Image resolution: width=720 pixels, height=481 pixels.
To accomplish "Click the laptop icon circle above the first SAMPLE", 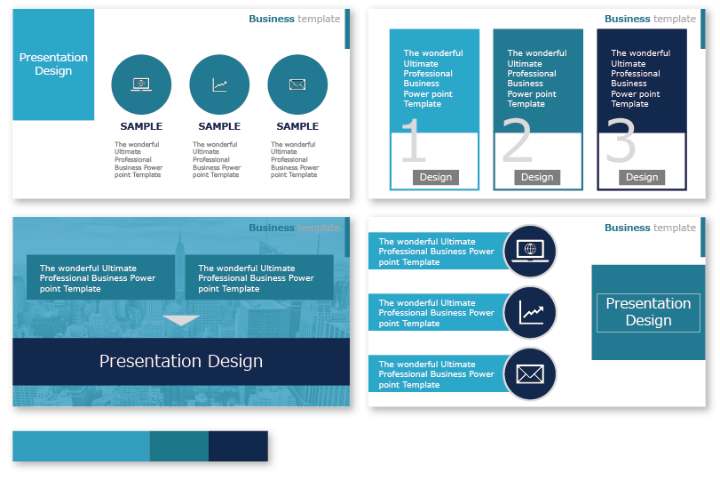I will click(141, 84).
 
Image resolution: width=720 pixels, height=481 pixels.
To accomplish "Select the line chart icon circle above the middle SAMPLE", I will click(219, 84).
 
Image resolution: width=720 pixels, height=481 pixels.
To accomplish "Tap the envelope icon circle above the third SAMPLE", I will click(297, 84).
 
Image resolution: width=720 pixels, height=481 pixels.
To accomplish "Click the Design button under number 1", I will click(435, 177).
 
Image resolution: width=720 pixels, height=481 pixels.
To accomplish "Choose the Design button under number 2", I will click(537, 177).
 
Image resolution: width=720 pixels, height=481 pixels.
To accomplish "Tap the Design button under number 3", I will click(642, 177).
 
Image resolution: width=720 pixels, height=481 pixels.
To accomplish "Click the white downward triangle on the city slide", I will click(181, 320).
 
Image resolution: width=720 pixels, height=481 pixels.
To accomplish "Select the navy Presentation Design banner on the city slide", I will click(181, 361).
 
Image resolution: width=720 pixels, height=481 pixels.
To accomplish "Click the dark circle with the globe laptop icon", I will click(530, 252).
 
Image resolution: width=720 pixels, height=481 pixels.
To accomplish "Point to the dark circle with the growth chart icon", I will click(530, 313).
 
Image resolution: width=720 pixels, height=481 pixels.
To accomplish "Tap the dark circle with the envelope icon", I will click(530, 374).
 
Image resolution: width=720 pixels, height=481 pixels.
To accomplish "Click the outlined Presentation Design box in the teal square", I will click(648, 312).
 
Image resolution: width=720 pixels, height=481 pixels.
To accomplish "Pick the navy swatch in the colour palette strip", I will click(238, 445).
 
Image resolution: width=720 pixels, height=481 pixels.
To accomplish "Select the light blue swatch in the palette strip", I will click(81, 445).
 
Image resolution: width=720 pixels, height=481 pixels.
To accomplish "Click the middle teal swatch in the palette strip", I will click(179, 445).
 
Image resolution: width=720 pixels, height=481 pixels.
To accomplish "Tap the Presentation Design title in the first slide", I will click(53, 64).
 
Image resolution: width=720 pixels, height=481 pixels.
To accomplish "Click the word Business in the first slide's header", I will click(272, 19).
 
